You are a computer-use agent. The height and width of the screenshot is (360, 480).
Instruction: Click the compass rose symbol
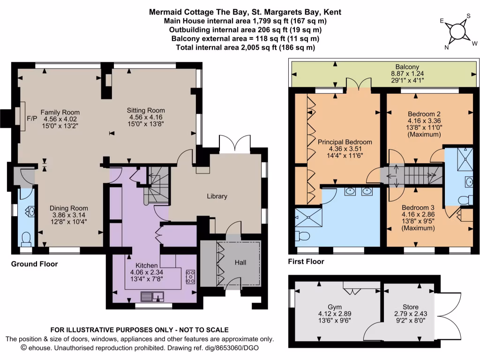[x=456, y=31]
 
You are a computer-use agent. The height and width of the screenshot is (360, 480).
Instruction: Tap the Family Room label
[x=60, y=112]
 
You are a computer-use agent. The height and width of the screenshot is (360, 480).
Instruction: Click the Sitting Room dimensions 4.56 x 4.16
[x=145, y=117]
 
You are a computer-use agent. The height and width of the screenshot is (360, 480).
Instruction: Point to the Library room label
[x=217, y=196]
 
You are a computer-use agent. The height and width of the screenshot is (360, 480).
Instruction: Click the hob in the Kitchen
[x=191, y=276]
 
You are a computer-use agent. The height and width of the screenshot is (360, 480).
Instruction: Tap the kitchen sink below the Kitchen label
[x=152, y=296]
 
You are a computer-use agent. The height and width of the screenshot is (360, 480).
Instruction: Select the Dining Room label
[x=69, y=208]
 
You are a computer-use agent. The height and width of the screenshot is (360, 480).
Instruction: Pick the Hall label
[x=240, y=263]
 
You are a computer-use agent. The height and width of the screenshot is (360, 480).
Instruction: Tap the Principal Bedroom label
[x=345, y=142]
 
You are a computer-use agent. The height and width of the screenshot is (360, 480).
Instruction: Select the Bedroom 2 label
[x=424, y=114]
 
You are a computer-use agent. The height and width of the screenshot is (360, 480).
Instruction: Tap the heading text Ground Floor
[x=34, y=264]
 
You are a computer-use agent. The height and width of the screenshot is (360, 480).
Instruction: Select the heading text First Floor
[x=306, y=262]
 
